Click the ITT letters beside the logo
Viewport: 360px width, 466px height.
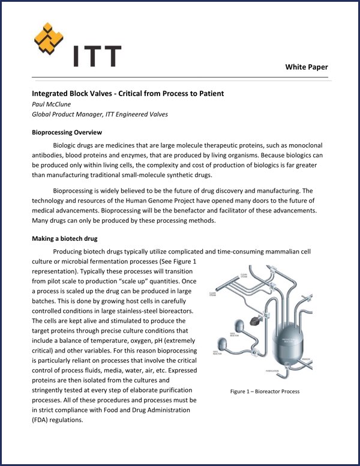coord(97,55)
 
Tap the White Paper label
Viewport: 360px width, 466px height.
coord(306,67)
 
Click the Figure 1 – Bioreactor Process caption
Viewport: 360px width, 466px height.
coord(265,392)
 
